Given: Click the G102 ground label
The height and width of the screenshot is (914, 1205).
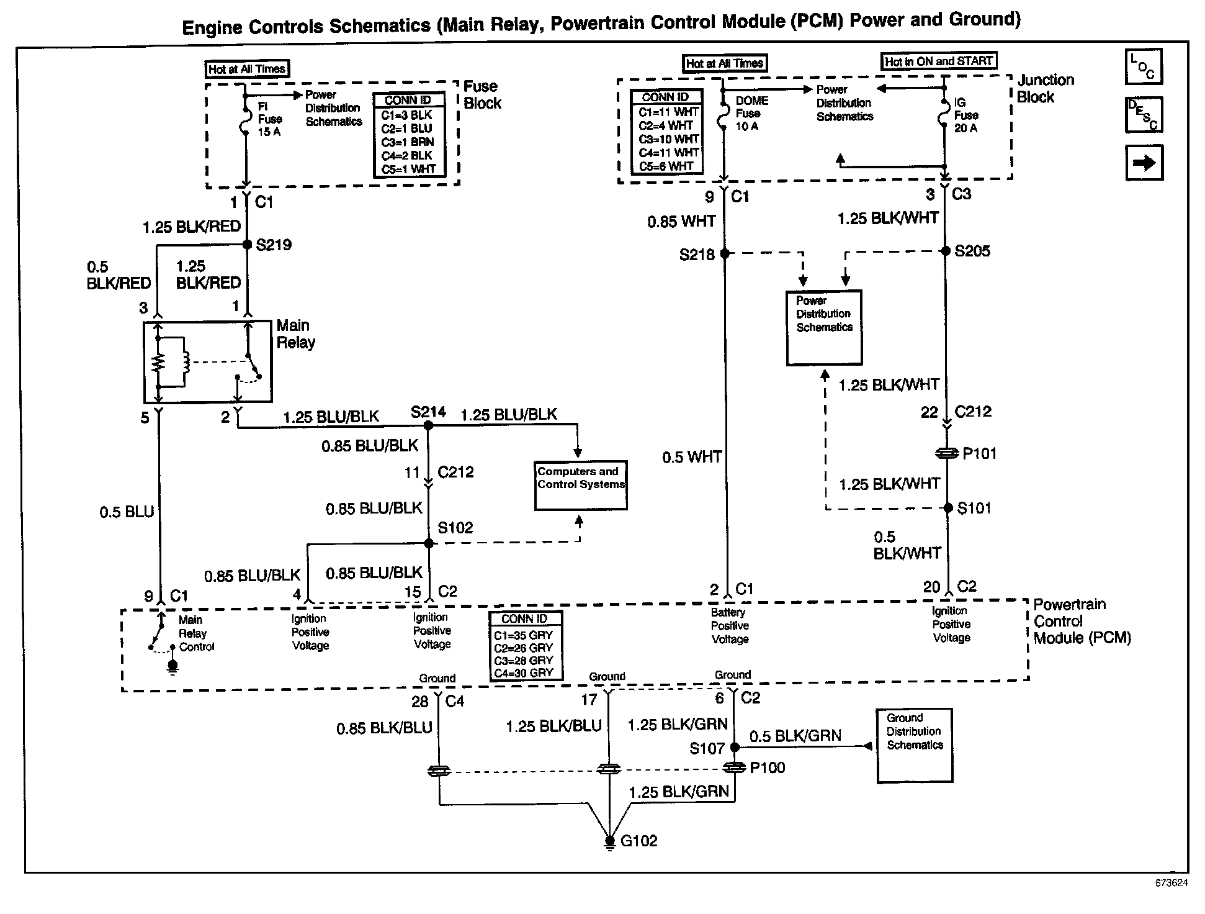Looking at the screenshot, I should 638,841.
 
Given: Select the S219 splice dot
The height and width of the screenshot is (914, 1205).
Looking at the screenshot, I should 247,244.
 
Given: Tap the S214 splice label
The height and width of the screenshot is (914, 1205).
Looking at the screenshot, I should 428,412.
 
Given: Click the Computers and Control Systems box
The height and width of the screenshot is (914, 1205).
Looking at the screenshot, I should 581,485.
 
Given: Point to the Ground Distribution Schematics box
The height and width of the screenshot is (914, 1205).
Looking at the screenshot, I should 915,745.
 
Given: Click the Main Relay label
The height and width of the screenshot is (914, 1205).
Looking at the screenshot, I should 295,334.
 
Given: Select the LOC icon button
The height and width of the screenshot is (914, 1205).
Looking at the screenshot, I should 1143,66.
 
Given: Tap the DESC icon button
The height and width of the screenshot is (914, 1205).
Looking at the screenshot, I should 1143,115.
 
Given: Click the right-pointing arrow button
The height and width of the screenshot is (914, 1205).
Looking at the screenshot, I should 1144,163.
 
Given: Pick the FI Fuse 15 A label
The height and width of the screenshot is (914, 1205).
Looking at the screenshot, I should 269,119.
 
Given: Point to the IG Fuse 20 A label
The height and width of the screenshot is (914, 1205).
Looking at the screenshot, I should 965,115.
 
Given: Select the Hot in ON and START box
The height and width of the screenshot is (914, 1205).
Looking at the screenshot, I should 938,61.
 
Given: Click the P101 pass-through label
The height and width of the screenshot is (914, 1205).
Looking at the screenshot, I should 979,454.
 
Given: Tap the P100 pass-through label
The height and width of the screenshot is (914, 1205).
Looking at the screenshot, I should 768,768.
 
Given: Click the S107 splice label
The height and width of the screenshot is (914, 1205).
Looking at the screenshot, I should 707,749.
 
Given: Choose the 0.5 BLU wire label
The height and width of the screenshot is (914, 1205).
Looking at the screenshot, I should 127,512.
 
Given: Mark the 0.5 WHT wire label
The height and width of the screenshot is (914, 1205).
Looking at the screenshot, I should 691,458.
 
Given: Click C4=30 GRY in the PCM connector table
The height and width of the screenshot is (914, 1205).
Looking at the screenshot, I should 523,673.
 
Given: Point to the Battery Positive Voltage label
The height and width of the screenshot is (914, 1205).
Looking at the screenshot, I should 730,626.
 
